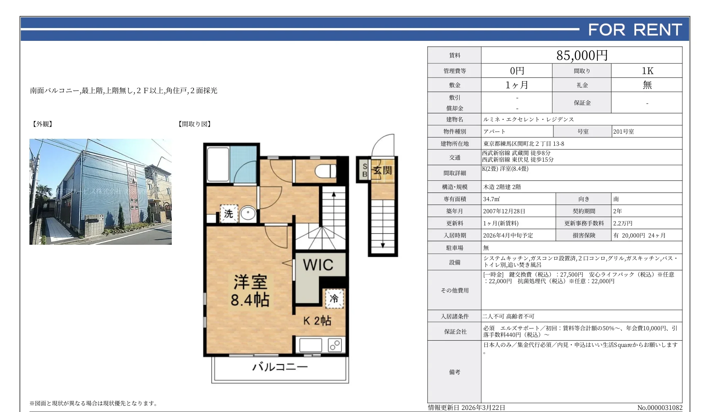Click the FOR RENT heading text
pos(635,30)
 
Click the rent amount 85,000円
pos(582,55)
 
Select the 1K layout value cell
pos(647,71)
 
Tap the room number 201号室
pos(623,132)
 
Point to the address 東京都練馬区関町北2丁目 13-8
pos(524,144)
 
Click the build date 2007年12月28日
pos(504,211)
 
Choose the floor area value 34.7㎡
pos(491,199)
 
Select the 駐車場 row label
pos(454,248)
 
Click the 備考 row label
pos(454,372)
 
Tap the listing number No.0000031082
pos(660,407)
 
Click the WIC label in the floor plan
pos(318,265)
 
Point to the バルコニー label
pos(280,367)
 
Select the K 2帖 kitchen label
pos(317,321)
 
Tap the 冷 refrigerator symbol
pos(334,298)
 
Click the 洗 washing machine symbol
pos(229,214)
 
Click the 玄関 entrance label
pos(382,170)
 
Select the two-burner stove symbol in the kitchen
pos(335,345)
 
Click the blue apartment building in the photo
pos(100,194)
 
